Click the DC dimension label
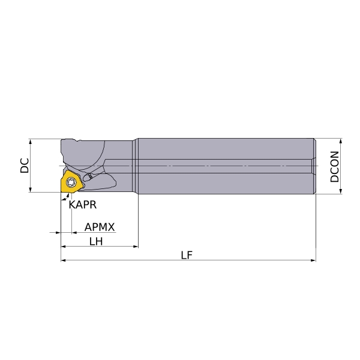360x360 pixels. click(25, 166)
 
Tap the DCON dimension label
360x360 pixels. click(334, 166)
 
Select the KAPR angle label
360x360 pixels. click(83, 205)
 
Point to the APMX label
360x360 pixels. click(100, 227)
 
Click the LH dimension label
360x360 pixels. click(96, 241)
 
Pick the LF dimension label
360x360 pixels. click(187, 255)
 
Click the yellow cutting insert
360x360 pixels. click(71, 182)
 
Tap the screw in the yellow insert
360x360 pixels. click(71, 182)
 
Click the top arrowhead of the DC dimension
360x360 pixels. click(31, 141)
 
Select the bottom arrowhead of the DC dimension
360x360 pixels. click(31, 190)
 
